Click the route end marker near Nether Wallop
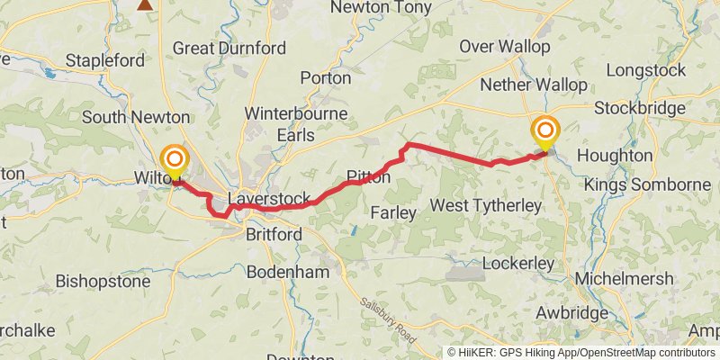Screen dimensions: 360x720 click(x=544, y=133)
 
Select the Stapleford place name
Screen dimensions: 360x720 click(x=105, y=61)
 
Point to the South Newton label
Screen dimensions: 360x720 click(x=136, y=117)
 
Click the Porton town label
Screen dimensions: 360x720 click(x=326, y=78)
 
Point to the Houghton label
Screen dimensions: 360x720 click(x=615, y=156)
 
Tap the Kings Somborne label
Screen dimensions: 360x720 click(x=647, y=184)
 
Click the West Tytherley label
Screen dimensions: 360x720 click(x=486, y=206)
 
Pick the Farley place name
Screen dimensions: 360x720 click(x=394, y=213)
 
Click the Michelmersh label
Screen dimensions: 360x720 click(x=625, y=279)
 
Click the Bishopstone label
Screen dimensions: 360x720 click(x=103, y=281)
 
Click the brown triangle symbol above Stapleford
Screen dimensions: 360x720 click(x=145, y=4)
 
